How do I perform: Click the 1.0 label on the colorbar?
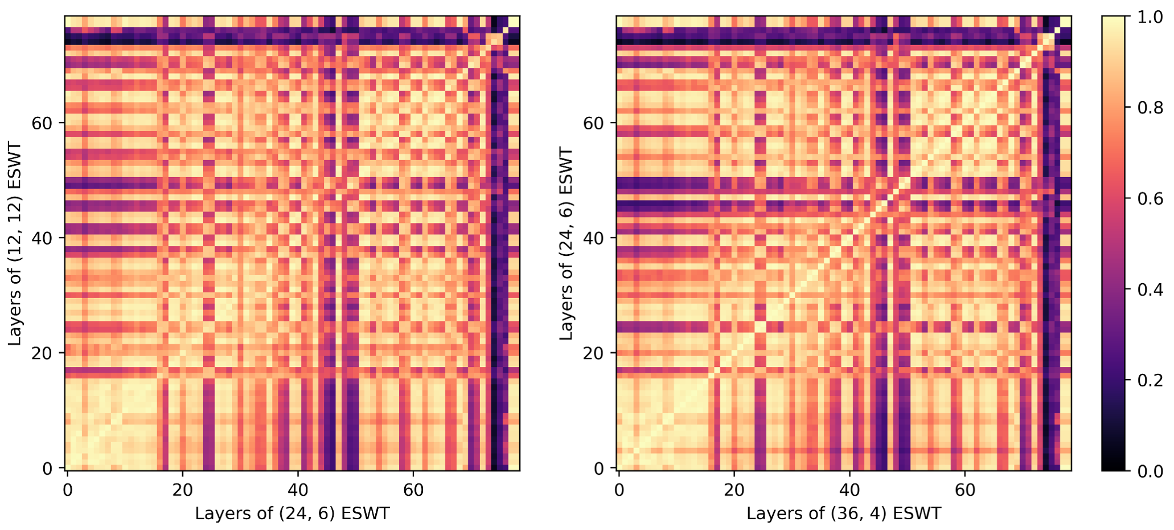click(x=1150, y=17)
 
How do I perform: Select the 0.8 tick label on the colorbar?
click(x=1150, y=108)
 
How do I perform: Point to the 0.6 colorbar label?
click(x=1150, y=198)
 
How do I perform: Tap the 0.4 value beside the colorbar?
click(x=1150, y=290)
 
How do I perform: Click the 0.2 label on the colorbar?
click(x=1150, y=380)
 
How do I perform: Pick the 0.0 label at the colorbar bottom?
click(x=1150, y=471)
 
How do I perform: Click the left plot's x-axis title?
click(x=292, y=513)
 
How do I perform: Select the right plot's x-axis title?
click(x=844, y=513)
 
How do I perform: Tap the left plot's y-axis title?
click(x=14, y=244)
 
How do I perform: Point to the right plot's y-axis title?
click(x=566, y=244)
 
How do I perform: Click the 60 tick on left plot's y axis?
click(x=42, y=123)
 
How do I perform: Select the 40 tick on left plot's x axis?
click(x=297, y=490)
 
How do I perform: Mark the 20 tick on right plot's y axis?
click(x=593, y=353)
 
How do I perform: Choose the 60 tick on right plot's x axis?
click(x=964, y=490)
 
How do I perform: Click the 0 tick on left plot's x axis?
click(x=68, y=490)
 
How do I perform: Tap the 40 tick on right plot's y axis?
click(x=593, y=238)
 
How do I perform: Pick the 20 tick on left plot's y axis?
click(x=42, y=353)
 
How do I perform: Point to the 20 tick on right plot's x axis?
click(x=734, y=490)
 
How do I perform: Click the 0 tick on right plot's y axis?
click(x=599, y=468)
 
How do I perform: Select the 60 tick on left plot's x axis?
click(x=413, y=490)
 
